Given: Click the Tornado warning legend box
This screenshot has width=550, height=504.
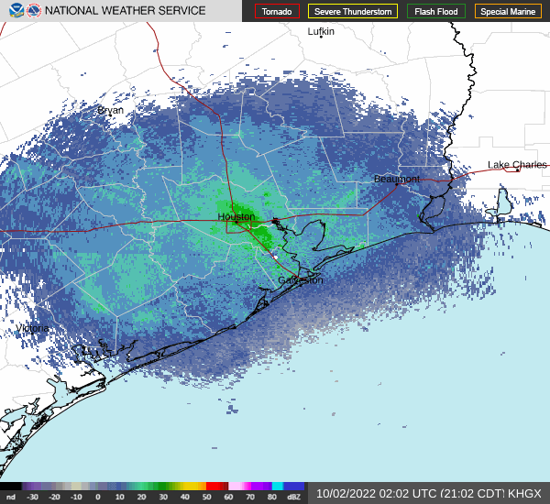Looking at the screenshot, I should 277,11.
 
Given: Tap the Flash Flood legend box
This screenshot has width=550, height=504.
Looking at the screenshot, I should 435,11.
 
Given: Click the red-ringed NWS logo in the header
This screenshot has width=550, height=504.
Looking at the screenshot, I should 34,11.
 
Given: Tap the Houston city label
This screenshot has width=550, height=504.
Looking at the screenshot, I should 236,217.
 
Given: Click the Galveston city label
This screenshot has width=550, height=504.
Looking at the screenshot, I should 301,280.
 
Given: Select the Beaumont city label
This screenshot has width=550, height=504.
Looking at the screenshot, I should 397,179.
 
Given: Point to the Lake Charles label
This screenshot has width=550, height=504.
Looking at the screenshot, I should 517,165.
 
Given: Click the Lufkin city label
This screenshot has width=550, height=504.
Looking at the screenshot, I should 321,31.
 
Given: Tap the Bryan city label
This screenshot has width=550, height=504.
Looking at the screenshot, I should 110,110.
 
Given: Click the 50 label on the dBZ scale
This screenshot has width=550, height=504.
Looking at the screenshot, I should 207,497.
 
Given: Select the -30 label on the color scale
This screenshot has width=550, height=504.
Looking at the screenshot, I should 33,497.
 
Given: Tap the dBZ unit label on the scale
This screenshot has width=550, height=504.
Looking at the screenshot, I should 294,497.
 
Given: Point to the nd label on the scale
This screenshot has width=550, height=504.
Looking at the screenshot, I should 10,497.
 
